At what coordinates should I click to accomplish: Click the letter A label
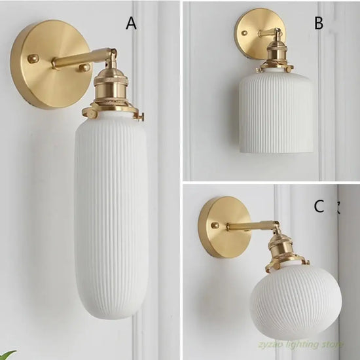coord(131,24)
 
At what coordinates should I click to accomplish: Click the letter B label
coord(319,23)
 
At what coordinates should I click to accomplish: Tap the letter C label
coord(319,206)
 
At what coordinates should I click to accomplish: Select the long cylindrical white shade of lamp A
coord(111,217)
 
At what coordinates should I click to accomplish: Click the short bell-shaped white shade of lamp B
coord(276,113)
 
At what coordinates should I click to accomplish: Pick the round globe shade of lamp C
coord(296,300)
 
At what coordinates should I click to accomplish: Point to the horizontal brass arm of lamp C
coord(253,226)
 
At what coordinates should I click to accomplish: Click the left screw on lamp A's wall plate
coord(33,58)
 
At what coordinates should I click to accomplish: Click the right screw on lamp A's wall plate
coord(84,67)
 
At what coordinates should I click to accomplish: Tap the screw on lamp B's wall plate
coord(244,33)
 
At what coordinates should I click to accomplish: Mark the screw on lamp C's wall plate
coord(215,225)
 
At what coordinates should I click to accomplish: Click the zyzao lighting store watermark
coord(301,344)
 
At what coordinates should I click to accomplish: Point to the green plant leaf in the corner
coord(8,355)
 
